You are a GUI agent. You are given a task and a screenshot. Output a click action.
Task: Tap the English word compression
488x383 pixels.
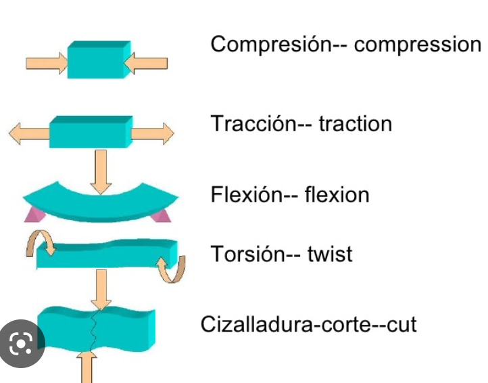pyautogui.click(x=417, y=45)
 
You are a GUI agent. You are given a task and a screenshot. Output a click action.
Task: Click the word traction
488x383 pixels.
pyautogui.click(x=355, y=124)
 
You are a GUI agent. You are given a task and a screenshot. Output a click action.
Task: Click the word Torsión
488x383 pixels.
pyautogui.click(x=247, y=254)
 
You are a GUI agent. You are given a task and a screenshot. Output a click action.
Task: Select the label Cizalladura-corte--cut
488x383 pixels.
pyautogui.click(x=308, y=324)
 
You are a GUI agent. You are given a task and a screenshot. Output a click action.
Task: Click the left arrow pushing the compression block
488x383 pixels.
pyautogui.click(x=46, y=64)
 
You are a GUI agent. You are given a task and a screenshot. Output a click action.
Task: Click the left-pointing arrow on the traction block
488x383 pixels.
pyautogui.click(x=29, y=133)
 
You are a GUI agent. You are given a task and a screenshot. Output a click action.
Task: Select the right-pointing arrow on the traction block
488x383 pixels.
pyautogui.click(x=153, y=133)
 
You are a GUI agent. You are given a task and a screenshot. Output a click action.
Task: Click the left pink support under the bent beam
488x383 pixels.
pyautogui.click(x=33, y=215)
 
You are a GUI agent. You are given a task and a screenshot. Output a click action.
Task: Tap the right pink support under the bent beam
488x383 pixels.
pyautogui.click(x=162, y=215)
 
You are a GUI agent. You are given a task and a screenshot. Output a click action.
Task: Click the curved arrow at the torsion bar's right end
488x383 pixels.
pyautogui.click(x=171, y=269)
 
